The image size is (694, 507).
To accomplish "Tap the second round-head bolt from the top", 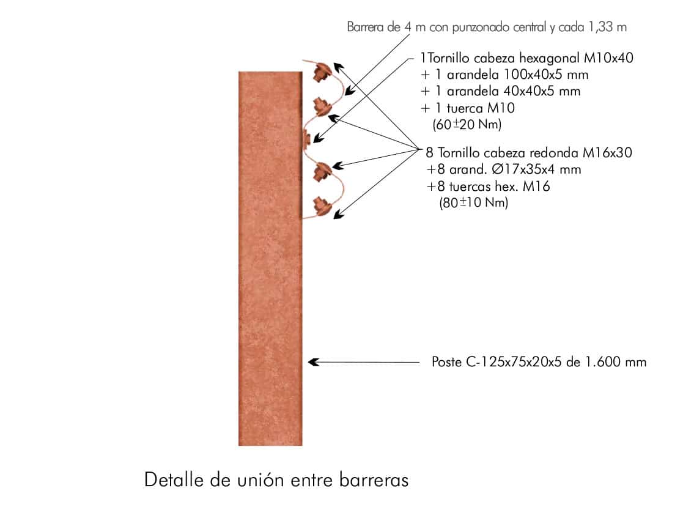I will (x=320, y=106).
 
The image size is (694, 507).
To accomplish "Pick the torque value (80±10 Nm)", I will (x=474, y=203).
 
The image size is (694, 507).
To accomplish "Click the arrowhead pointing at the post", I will (x=314, y=362).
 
